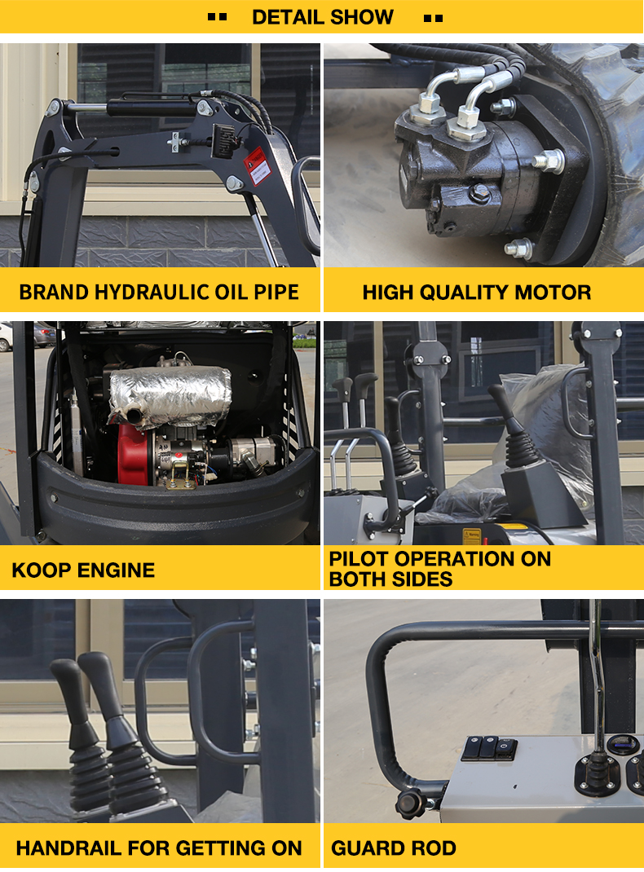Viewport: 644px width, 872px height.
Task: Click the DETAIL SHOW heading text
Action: (x=323, y=17)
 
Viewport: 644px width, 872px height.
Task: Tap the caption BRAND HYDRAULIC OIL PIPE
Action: (x=159, y=293)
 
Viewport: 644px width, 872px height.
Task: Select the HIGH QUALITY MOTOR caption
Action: (x=477, y=293)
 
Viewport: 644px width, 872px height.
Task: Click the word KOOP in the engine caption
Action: (x=41, y=570)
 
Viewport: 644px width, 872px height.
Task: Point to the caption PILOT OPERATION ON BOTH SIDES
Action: (x=440, y=569)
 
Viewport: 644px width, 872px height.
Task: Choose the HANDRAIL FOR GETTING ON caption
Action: (x=159, y=848)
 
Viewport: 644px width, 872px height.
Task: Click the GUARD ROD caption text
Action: (x=394, y=848)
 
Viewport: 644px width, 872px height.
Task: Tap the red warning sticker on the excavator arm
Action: (x=258, y=165)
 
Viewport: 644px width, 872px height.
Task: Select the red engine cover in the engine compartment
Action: (x=134, y=454)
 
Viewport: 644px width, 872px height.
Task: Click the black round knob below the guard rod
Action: (x=410, y=803)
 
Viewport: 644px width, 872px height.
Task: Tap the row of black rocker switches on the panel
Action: (x=489, y=749)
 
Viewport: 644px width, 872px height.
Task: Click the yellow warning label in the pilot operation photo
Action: (x=472, y=536)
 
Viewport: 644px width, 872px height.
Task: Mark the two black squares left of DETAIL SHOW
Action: (x=217, y=17)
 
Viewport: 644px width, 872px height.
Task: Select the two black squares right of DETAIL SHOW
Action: (x=433, y=19)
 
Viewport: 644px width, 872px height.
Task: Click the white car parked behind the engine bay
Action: (x=6, y=337)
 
